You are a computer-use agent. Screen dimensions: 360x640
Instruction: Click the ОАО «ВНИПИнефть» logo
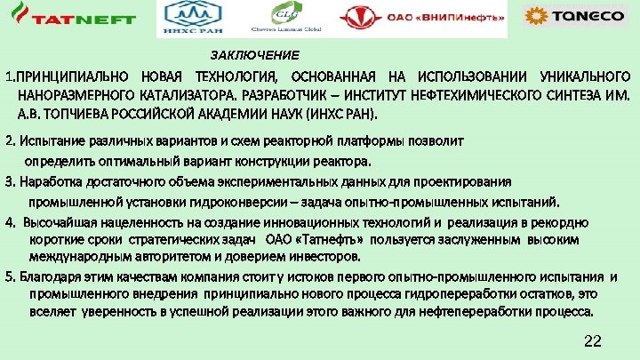[423, 18]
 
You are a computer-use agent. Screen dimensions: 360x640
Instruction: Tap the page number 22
[595, 342]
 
